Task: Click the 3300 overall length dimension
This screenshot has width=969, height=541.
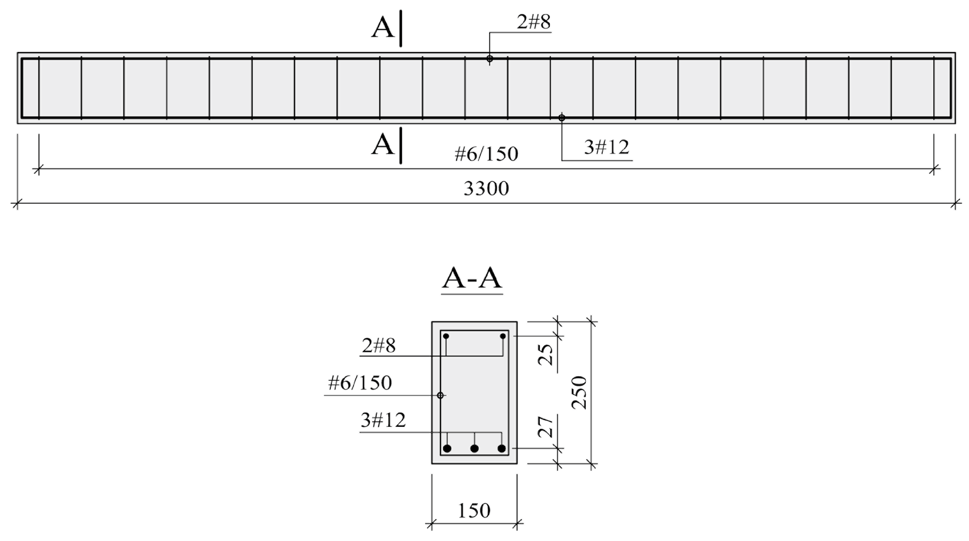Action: [x=486, y=189]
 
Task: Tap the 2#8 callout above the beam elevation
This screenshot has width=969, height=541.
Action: [x=533, y=22]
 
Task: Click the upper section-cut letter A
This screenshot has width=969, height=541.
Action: [x=383, y=28]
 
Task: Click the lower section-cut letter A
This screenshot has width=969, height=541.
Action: [x=383, y=145]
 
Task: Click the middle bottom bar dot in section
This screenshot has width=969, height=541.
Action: [x=474, y=448]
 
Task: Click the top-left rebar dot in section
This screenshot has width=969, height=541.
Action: [x=446, y=336]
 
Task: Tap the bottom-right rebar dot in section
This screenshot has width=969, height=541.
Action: [x=502, y=448]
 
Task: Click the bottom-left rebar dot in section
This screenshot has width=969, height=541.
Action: [x=447, y=448]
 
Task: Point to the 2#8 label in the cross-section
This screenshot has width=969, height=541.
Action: [x=379, y=346]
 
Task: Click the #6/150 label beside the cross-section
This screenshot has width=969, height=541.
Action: [x=360, y=383]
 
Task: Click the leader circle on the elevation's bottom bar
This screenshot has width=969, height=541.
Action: [x=562, y=118]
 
